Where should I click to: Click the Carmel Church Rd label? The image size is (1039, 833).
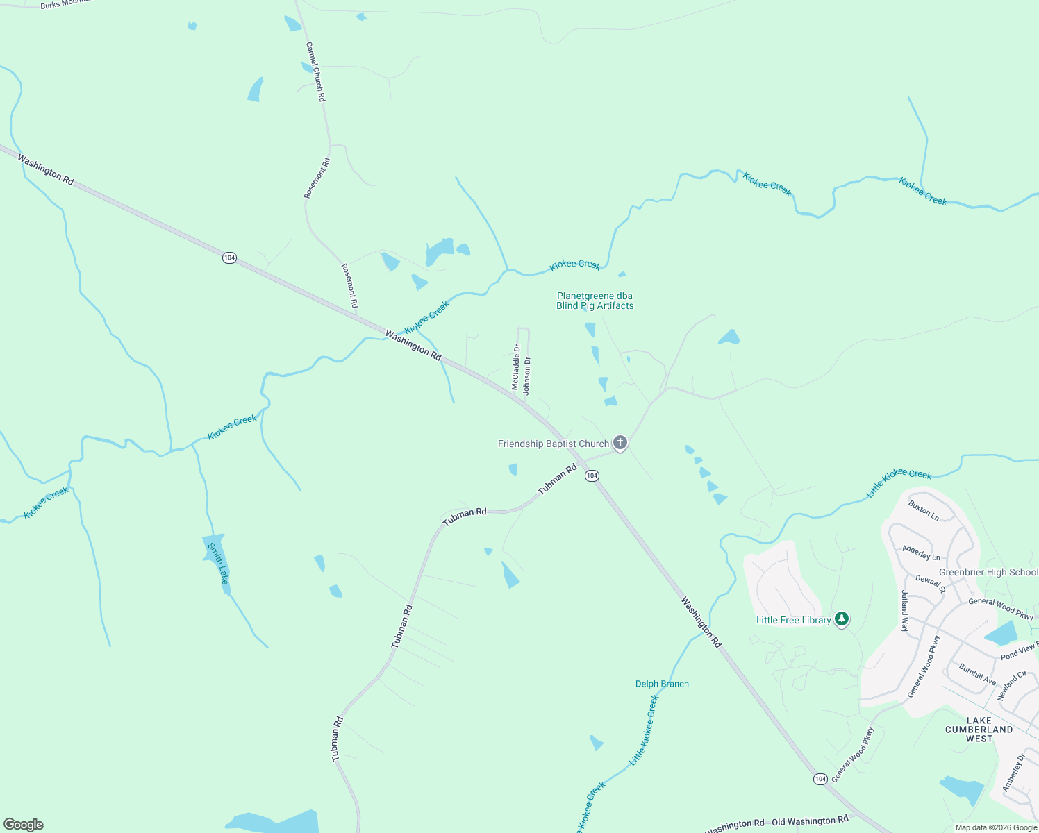tap(315, 72)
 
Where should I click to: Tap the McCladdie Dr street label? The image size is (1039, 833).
tap(516, 367)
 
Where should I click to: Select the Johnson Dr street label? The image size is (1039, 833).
tap(527, 376)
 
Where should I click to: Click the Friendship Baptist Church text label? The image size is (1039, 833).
tap(553, 444)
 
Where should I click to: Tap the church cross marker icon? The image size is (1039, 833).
tap(620, 442)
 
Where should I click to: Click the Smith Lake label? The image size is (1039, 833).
tap(218, 563)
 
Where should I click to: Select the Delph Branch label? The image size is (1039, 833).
tap(662, 684)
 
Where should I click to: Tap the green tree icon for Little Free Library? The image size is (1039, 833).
tap(842, 619)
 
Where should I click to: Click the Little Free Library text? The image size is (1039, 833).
tap(793, 620)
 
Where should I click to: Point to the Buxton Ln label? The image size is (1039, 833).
tap(924, 511)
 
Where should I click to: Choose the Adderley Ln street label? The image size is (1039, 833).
tap(921, 553)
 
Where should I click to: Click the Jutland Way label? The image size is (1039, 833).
tap(905, 610)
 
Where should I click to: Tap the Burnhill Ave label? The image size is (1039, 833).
tap(977, 674)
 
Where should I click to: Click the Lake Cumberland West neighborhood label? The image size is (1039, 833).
tap(979, 730)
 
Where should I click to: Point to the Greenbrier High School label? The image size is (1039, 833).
tap(988, 573)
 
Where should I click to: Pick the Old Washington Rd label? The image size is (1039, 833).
tap(810, 821)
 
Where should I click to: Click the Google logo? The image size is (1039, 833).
tap(24, 825)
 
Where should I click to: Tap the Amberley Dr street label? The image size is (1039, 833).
tap(1013, 773)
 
